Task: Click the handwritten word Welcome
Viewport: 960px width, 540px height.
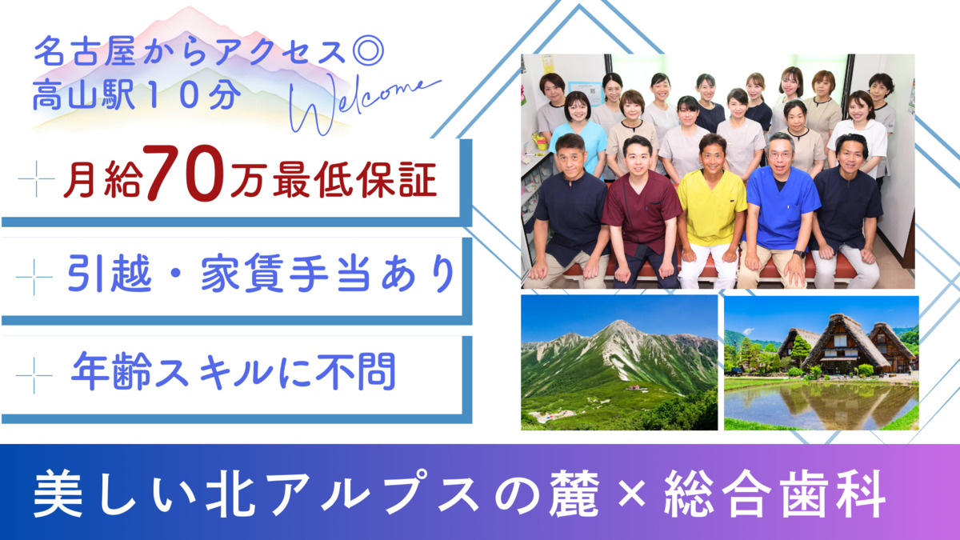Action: tap(366, 103)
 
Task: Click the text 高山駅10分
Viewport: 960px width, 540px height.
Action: tap(136, 96)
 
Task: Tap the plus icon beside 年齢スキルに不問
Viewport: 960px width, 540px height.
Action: tap(34, 375)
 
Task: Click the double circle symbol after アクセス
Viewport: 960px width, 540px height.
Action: tap(372, 53)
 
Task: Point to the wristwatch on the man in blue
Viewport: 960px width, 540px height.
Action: tap(799, 254)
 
